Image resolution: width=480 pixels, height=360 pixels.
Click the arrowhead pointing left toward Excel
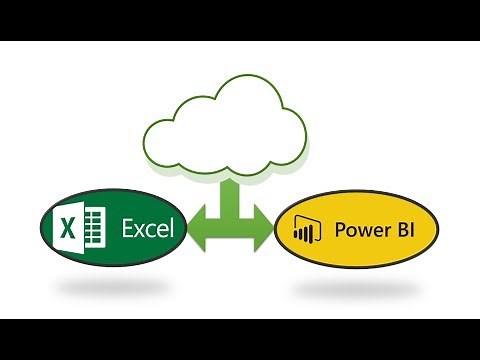[197, 230]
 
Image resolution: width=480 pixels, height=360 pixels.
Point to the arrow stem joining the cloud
[229, 195]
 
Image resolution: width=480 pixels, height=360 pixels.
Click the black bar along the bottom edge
[240, 339]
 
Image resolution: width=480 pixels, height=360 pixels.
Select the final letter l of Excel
[172, 229]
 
